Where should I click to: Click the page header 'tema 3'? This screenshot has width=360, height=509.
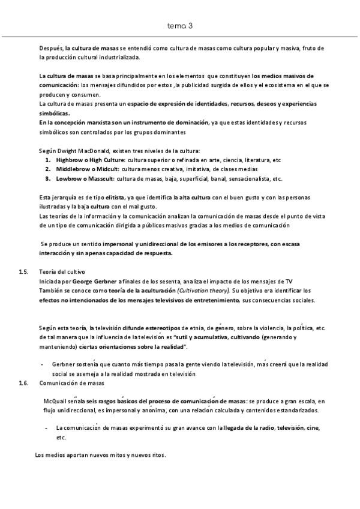[x=180, y=26]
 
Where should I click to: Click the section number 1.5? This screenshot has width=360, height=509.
[x=23, y=272]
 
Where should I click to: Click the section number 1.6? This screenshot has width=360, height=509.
[x=23, y=382]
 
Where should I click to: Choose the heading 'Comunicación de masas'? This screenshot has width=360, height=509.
[x=71, y=382]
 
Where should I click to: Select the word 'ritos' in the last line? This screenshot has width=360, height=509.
[x=157, y=455]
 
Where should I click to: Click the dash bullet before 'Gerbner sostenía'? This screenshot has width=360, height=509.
[x=41, y=364]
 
